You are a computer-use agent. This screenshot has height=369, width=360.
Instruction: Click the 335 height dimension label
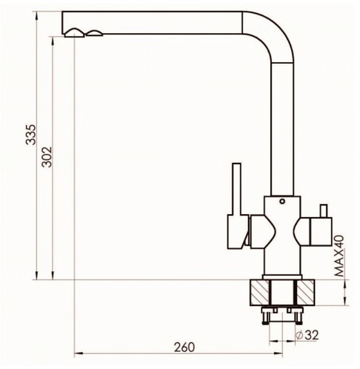tap(31, 134)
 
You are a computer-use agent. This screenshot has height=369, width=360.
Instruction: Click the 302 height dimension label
tap(47, 157)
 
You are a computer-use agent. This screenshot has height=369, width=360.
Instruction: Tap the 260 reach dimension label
tap(184, 347)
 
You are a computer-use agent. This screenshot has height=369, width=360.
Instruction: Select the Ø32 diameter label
tap(307, 335)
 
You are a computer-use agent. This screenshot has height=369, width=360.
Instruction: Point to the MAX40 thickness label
tap(339, 256)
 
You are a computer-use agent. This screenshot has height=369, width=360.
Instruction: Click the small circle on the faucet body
tap(282, 201)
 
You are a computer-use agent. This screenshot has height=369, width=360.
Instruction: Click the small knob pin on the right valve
tap(323, 212)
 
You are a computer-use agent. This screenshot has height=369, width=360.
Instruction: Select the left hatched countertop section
tap(259, 293)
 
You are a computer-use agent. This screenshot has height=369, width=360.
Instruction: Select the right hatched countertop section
tap(305, 293)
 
